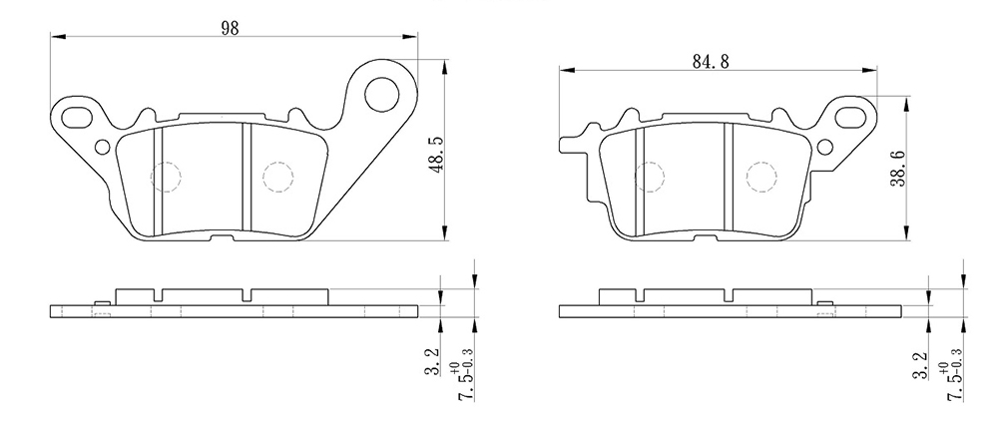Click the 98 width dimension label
(230, 28)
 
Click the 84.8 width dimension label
(711, 61)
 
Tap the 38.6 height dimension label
(897, 169)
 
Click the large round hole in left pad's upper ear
(382, 94)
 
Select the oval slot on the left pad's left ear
(77, 117)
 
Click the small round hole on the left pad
(102, 148)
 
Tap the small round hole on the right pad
(825, 148)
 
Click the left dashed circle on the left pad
(166, 177)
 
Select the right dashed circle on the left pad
(277, 177)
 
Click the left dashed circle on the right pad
(650, 177)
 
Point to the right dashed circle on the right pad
(761, 177)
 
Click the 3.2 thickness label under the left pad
(432, 361)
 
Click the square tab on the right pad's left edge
(568, 145)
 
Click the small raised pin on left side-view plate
(101, 302)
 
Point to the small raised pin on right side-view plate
(825, 302)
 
